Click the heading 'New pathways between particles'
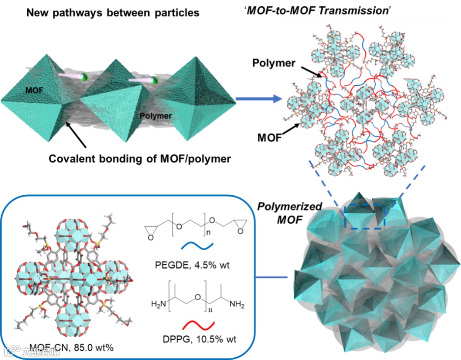113,13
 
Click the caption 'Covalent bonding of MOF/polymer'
140,159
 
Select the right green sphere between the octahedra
155,80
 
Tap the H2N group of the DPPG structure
159,304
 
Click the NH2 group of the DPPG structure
236,304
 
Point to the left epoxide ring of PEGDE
151,230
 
